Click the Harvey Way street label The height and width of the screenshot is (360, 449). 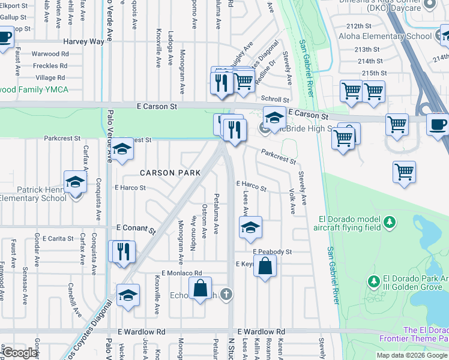click(84, 41)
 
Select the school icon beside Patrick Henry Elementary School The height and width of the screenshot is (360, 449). click(76, 181)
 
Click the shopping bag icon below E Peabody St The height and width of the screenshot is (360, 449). click(265, 265)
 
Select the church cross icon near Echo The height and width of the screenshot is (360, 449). click(226, 294)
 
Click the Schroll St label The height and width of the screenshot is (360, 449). click(274, 100)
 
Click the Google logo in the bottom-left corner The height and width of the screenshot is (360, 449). click(20, 353)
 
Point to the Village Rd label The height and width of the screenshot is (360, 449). click(50, 78)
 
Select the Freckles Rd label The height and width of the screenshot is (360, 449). click(50, 65)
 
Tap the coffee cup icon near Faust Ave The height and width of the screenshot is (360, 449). click(4, 37)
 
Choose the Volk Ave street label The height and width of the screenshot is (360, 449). click(292, 202)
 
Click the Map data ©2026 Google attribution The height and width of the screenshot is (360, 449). click(411, 355)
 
